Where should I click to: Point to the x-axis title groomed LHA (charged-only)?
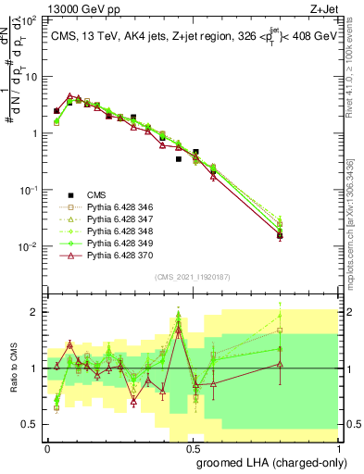pyautogui.click(x=278, y=462)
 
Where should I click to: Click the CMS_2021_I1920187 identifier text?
pyautogui.click(x=192, y=276)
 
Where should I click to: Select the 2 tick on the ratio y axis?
pyautogui.click(x=35, y=312)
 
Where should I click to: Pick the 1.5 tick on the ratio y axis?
pyautogui.click(x=31, y=340)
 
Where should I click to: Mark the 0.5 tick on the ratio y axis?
pyautogui.click(x=31, y=424)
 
